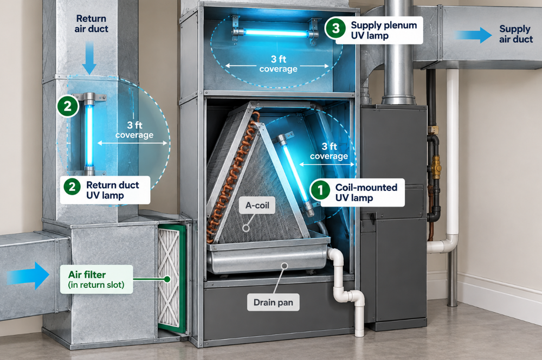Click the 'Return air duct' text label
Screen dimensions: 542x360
(x=91, y=23)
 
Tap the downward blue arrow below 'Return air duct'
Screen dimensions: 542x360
(x=89, y=57)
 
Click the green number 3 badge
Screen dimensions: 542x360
(x=335, y=28)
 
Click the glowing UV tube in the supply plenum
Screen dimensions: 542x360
(x=276, y=33)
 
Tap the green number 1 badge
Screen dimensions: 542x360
(x=320, y=190)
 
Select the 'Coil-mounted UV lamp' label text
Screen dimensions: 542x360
(x=366, y=192)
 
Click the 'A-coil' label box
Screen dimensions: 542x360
(x=257, y=205)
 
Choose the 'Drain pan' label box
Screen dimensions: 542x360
(x=273, y=303)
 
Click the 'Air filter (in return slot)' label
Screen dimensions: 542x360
(x=96, y=279)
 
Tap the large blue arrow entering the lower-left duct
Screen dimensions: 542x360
(x=28, y=275)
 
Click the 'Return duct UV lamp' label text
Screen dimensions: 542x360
(x=112, y=190)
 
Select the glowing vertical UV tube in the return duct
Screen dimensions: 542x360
(x=89, y=136)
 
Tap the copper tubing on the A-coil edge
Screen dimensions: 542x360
(x=232, y=176)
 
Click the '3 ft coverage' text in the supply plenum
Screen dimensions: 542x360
(x=279, y=64)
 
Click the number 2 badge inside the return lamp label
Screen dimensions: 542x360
(x=72, y=187)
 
